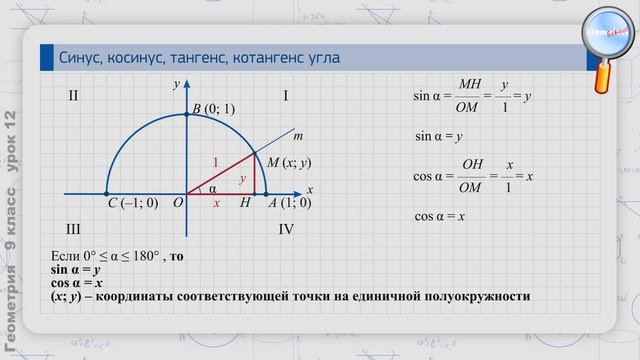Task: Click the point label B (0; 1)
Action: (x=213, y=109)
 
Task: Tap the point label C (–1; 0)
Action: (x=132, y=203)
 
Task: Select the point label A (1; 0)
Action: (x=290, y=203)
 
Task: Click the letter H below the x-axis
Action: (x=246, y=203)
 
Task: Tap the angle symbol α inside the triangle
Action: (x=212, y=187)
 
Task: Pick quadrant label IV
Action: (x=286, y=229)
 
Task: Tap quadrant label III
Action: (x=73, y=229)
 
